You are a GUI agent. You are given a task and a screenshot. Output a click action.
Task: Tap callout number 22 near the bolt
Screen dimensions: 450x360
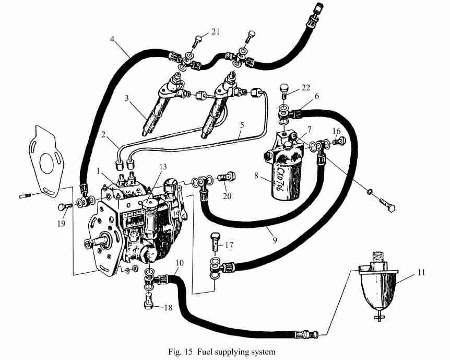click(x=306, y=87)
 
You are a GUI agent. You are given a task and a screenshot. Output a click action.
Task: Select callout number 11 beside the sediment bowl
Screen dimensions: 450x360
click(x=421, y=272)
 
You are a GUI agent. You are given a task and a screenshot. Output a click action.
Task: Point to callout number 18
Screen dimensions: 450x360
click(x=168, y=308)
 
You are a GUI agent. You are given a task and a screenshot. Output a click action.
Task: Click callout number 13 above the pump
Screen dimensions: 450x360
click(x=163, y=167)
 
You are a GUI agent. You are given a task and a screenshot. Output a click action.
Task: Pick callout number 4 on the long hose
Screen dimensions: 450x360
click(x=112, y=39)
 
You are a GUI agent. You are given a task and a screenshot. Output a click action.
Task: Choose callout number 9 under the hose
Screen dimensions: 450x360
click(x=275, y=240)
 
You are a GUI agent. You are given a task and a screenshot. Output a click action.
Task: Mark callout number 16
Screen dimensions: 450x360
click(x=337, y=131)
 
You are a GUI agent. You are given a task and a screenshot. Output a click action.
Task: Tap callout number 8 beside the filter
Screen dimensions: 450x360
click(x=256, y=175)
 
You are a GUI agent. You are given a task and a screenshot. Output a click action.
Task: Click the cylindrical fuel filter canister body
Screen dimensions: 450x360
click(x=286, y=181)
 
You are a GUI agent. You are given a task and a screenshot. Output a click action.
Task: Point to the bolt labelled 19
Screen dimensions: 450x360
click(x=65, y=207)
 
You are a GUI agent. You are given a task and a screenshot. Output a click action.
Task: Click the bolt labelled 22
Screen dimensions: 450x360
click(x=283, y=91)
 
